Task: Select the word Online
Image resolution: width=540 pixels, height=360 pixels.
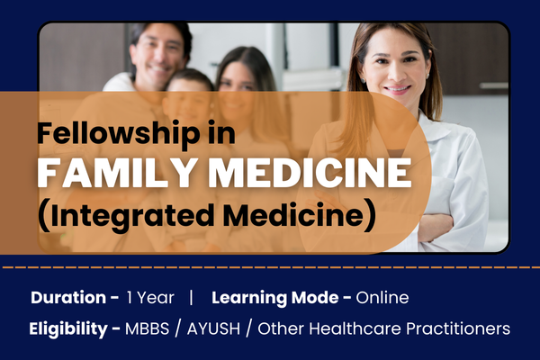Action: (382, 298)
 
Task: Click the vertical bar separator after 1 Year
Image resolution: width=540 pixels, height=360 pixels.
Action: (191, 298)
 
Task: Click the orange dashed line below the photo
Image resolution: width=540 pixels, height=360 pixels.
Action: (270, 268)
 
